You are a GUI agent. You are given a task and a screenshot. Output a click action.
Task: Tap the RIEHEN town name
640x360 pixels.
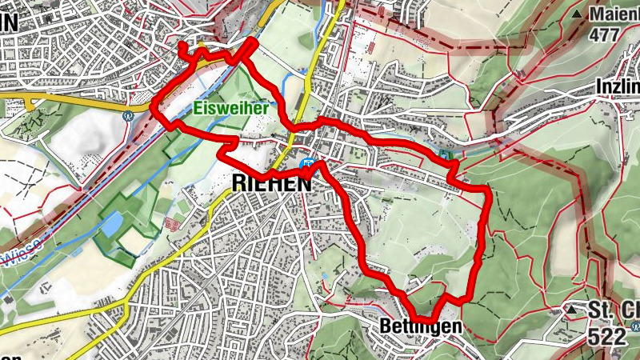(x=270, y=183)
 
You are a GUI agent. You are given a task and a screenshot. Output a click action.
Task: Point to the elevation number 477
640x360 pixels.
(x=605, y=35)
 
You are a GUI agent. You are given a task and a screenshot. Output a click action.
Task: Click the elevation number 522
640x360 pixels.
(x=606, y=338)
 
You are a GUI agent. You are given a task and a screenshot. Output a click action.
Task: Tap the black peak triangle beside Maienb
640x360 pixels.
(x=577, y=14)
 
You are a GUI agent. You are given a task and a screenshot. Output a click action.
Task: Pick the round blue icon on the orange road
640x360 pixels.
(x=127, y=114)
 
